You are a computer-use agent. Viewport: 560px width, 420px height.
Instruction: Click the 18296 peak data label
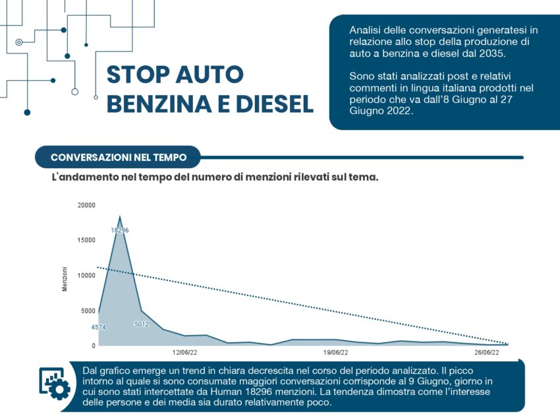coord(120,230)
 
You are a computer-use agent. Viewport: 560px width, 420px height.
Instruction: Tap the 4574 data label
coord(98,327)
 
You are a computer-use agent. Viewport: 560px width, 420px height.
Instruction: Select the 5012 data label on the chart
coord(142,324)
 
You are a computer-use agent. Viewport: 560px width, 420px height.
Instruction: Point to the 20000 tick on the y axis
coord(86,205)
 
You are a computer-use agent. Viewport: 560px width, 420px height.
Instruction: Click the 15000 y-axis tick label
coord(86,240)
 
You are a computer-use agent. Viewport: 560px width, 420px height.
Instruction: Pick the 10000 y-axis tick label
coord(86,275)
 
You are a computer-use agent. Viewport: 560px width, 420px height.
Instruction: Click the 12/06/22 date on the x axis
coord(184,353)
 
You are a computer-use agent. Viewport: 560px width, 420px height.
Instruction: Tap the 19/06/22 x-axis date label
coord(336,353)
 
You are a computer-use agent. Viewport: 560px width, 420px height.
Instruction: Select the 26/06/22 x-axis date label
coord(487,353)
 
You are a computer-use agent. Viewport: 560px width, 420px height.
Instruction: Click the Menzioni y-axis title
coord(65,279)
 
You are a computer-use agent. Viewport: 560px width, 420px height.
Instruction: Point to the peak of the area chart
coord(120,216)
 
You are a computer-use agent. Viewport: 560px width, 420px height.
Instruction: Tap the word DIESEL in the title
coord(274,104)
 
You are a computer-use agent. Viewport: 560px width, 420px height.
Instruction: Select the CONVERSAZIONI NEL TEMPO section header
coord(119,158)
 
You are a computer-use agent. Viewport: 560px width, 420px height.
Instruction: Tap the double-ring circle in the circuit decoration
coord(19,42)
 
